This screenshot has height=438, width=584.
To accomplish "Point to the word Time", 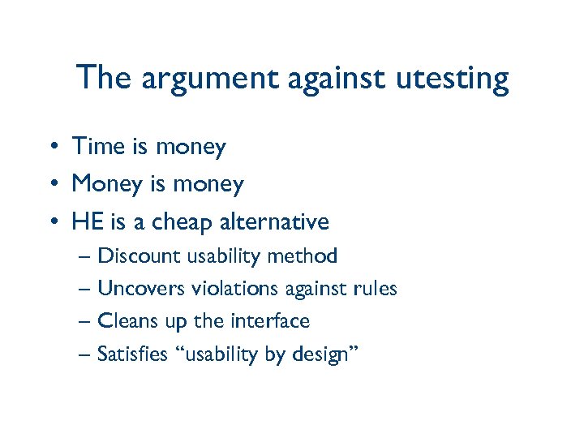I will tap(98, 147).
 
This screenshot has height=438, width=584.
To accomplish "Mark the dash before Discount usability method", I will tap(86, 257).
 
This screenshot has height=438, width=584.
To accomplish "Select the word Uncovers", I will tap(140, 289).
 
